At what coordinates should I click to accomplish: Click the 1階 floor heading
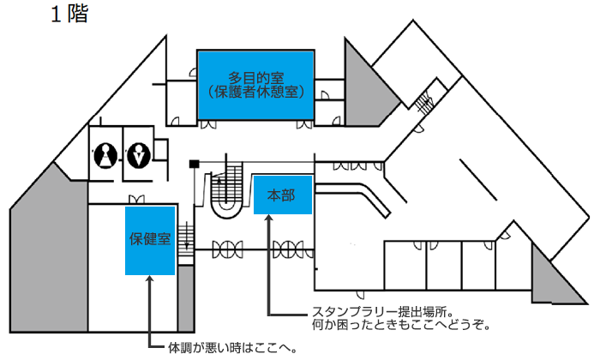tap(69, 15)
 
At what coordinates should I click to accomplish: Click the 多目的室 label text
tap(256, 78)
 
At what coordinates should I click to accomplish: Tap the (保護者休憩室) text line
tap(256, 92)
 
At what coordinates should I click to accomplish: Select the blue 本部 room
tap(283, 195)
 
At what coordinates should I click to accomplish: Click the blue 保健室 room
tap(150, 241)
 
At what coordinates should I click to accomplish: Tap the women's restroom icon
tap(105, 155)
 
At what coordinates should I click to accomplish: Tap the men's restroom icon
tap(139, 155)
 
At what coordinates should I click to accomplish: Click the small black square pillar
tap(194, 164)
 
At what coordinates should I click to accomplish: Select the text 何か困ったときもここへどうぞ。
tap(401, 325)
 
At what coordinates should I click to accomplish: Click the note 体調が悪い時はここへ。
tap(232, 348)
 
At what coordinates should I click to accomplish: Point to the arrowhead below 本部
tap(269, 218)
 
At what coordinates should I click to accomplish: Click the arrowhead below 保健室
tap(150, 279)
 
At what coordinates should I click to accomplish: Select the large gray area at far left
tap(49, 253)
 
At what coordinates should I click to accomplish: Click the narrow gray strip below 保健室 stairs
tap(186, 299)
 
